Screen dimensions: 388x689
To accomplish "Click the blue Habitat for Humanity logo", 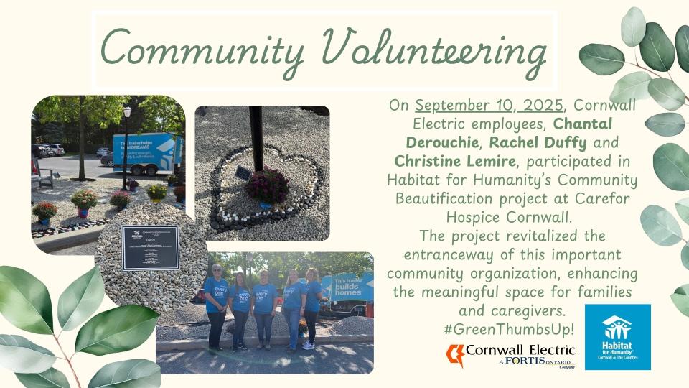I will coord(617,337).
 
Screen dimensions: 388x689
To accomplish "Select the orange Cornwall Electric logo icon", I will coord(455,354).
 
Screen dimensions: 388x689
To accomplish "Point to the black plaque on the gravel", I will coord(150,247).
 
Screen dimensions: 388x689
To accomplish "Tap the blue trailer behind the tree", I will coord(147,152).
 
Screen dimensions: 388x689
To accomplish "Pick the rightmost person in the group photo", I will coord(312,307).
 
